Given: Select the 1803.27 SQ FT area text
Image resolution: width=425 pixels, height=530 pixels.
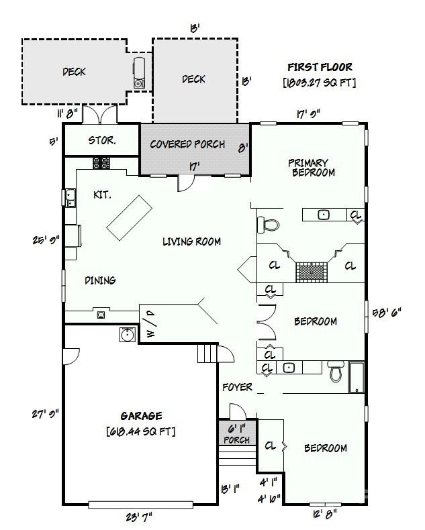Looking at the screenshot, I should (x=320, y=83).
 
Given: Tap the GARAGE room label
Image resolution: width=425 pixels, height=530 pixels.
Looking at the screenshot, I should (x=141, y=416).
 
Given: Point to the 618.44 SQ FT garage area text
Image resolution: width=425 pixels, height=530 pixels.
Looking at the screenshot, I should (x=141, y=431).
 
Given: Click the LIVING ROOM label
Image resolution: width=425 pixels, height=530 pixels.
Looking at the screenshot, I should (x=191, y=242).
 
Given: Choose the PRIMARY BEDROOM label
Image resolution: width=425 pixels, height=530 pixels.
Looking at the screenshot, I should (x=310, y=167).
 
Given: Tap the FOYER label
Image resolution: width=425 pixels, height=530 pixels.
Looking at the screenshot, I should (x=238, y=387).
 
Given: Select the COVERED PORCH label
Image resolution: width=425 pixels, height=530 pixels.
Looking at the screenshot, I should (x=187, y=144).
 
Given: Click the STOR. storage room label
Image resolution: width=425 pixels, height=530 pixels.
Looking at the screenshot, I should (x=102, y=142).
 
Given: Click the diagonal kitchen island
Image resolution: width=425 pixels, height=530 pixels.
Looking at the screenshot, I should (x=130, y=217).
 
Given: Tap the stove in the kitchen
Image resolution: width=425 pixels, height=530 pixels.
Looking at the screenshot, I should (x=101, y=162).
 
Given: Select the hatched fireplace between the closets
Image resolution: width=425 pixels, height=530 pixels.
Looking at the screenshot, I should (x=312, y=272).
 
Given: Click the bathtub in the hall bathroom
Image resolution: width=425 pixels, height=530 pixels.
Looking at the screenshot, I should (x=356, y=377).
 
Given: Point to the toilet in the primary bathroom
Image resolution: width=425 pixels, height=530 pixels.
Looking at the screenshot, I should (x=269, y=224).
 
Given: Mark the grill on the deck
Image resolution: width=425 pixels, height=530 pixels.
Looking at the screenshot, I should (x=139, y=72).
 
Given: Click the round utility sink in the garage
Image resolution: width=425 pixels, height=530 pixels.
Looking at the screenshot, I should (x=126, y=334).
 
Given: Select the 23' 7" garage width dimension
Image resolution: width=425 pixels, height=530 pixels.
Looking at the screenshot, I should (x=140, y=517).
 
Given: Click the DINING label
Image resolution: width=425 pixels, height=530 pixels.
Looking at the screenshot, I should (x=100, y=280).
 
